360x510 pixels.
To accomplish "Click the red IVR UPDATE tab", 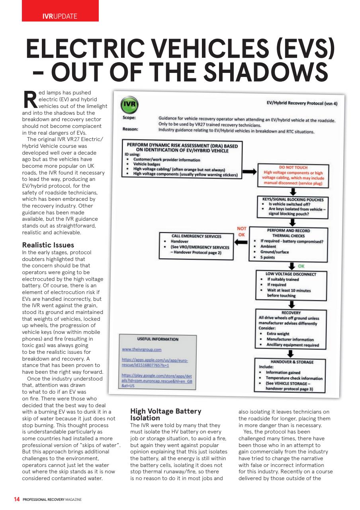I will click(60, 16).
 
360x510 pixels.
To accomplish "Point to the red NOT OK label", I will click(242, 232).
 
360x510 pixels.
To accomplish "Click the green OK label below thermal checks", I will click(301, 266).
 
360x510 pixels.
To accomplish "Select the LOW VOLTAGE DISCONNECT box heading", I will click(292, 274).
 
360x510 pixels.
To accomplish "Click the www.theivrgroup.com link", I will click(141, 349).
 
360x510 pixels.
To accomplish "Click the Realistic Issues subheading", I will click(48, 245).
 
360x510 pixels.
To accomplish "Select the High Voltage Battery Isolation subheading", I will click(166, 414).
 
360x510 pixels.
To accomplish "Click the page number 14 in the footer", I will click(17, 499).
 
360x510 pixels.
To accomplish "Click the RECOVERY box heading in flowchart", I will click(291, 313).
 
